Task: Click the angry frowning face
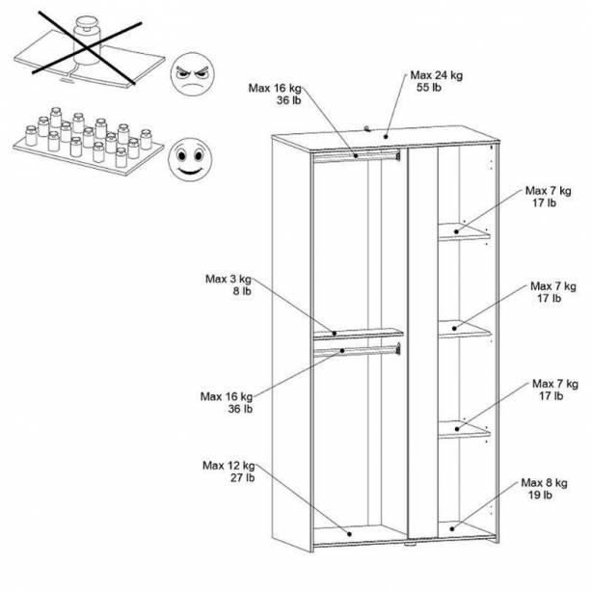193,74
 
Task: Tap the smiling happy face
190,160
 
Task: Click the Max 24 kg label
437,75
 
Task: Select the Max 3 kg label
229,279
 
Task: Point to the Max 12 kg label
229,466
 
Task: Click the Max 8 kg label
544,483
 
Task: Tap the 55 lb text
429,88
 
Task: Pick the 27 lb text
243,477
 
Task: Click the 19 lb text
540,495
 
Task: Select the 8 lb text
242,291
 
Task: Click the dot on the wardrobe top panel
386,136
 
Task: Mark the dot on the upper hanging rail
356,155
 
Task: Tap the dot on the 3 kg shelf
335,334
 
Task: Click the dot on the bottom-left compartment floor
350,534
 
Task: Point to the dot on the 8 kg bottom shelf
452,529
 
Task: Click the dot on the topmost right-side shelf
456,231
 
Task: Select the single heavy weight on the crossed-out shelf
87,40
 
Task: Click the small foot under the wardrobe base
410,545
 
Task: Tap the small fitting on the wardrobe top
367,129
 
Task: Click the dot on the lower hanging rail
342,351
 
